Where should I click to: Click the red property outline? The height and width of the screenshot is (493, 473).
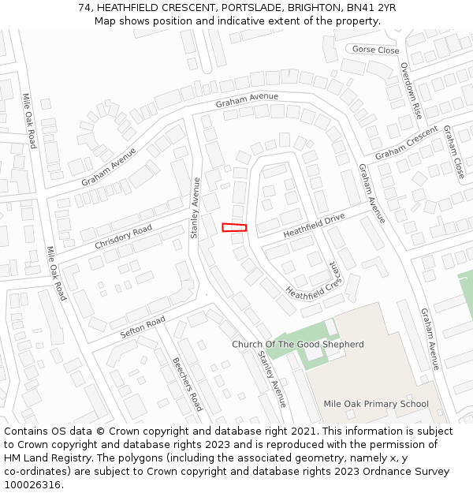coord(234,227)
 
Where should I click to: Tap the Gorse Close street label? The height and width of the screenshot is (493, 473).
coord(375,50)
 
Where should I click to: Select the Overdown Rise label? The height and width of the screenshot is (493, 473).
coord(411,90)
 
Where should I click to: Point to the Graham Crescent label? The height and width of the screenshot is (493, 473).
coord(406,142)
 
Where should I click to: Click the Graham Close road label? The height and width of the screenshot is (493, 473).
coord(453,151)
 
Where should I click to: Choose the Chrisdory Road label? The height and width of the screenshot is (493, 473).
coord(123,237)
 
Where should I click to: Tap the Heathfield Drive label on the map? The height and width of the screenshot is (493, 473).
coord(314,224)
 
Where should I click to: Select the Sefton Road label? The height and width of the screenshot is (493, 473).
coord(143,327)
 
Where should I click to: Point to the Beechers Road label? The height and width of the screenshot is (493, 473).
coord(188,384)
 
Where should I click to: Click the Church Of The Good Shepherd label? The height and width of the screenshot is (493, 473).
coord(298,345)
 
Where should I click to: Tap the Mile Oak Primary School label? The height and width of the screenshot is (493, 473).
coord(376,404)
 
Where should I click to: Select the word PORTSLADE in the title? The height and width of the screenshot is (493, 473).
coord(253,8)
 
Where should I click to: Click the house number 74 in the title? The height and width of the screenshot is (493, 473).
coord(84,8)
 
